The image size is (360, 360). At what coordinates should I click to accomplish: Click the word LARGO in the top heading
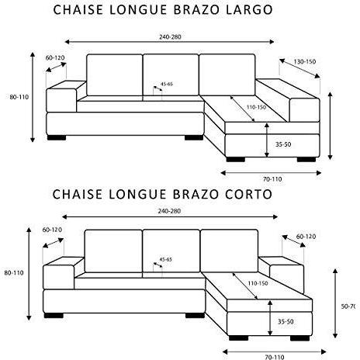(249, 10)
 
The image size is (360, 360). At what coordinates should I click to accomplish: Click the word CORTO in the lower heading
(248, 195)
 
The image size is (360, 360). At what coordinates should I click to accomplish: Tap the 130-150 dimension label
(305, 62)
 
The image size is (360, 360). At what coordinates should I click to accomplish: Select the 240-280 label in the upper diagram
(170, 37)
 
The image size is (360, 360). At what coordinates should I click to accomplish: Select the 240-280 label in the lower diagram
(169, 211)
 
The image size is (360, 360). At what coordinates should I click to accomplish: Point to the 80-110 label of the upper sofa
(19, 97)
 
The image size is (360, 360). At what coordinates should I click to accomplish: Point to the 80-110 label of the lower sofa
(14, 273)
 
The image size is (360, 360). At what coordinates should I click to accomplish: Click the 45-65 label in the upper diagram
(167, 84)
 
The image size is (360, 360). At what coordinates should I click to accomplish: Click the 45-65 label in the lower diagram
(166, 259)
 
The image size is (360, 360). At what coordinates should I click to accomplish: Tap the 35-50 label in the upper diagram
(283, 144)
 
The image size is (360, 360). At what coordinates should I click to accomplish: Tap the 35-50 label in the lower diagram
(286, 322)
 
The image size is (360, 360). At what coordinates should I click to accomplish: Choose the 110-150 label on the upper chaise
(256, 107)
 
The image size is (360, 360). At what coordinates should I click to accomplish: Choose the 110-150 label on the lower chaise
(258, 283)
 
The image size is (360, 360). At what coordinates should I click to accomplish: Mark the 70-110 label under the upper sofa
(272, 179)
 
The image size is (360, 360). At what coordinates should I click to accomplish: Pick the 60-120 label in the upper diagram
(55, 58)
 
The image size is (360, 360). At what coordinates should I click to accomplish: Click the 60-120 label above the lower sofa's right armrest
(306, 237)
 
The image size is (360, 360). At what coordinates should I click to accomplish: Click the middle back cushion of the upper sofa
(171, 74)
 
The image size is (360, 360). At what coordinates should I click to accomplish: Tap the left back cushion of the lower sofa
(113, 251)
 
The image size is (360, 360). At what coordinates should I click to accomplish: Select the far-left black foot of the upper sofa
(57, 137)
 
